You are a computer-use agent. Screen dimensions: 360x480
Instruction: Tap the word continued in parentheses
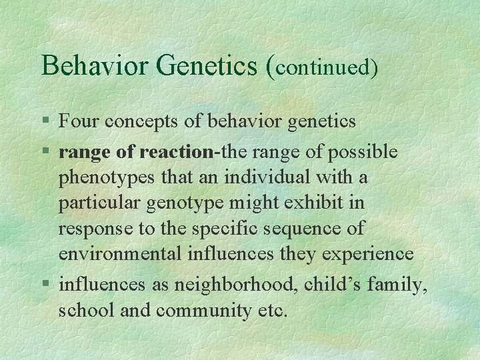[324, 67]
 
